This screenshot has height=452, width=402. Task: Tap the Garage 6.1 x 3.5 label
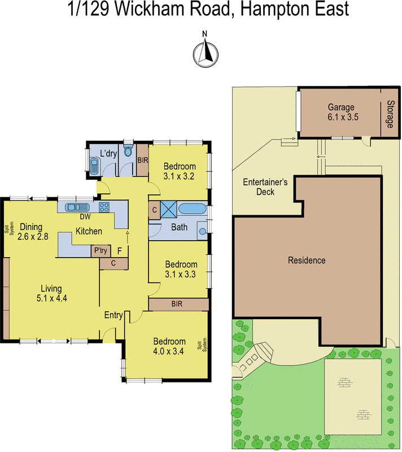pyautogui.click(x=341, y=112)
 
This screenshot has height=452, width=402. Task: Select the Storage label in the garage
pyautogui.click(x=390, y=113)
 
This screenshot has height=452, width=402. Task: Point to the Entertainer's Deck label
pyautogui.click(x=265, y=187)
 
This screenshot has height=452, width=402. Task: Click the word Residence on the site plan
pyautogui.click(x=307, y=260)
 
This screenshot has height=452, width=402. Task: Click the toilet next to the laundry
pyautogui.click(x=128, y=151)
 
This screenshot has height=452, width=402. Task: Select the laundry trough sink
pyautogui.click(x=94, y=167)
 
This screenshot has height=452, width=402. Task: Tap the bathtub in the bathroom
pyautogui.click(x=193, y=209)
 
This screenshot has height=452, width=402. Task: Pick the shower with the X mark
pyautogui.click(x=169, y=210)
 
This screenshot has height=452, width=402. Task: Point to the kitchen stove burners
pyautogui.click(x=104, y=206)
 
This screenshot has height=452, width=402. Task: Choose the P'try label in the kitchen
pyautogui.click(x=100, y=250)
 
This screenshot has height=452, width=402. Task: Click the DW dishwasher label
pyautogui.click(x=85, y=216)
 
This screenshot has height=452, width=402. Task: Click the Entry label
pyautogui.click(x=113, y=315)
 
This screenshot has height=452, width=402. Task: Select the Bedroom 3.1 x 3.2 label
pyautogui.click(x=180, y=171)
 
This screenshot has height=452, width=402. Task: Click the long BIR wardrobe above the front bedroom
pyautogui.click(x=178, y=304)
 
